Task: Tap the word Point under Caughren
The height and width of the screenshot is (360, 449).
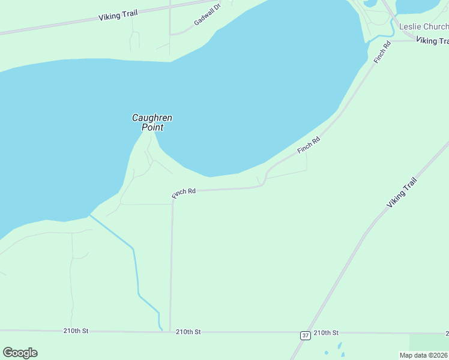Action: tap(152, 127)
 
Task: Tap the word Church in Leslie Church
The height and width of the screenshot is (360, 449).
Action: tap(436, 27)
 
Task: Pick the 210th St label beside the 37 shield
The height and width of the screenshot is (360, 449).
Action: tap(326, 332)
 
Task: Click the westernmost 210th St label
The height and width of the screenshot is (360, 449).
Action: tap(76, 331)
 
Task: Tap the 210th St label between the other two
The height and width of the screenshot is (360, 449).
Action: tap(188, 332)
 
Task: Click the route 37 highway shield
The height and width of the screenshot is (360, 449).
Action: tap(306, 335)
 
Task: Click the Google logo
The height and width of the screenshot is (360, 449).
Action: tap(20, 353)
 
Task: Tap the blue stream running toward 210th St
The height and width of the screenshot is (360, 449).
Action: tap(136, 270)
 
